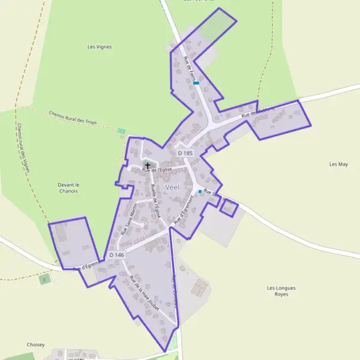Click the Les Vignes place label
(100, 47)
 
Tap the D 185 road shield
(185, 154)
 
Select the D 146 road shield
(116, 255)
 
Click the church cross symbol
(148, 164)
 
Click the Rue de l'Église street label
(157, 170)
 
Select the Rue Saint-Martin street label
(129, 218)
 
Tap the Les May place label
(339, 164)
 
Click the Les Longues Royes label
(281, 291)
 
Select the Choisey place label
(36, 345)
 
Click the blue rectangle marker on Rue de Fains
(196, 83)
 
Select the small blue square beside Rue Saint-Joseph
(200, 191)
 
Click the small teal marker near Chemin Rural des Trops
(122, 130)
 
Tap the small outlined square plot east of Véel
(229, 208)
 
